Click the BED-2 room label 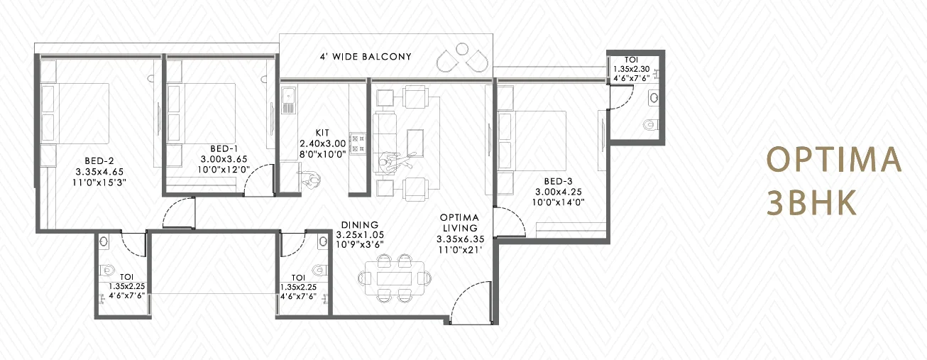point(99,161)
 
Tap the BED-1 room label point(224,148)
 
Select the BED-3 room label point(559,181)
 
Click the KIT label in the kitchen point(322,133)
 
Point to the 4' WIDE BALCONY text point(366,57)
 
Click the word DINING point(360,224)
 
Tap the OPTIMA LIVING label point(459,223)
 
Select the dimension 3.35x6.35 point(460,239)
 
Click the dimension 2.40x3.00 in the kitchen point(323,143)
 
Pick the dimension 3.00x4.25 point(559,192)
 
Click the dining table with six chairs point(395,278)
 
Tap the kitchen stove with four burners point(358,143)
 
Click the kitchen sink point(288,99)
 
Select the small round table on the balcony point(462,49)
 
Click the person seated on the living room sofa point(393,161)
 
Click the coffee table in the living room point(415,143)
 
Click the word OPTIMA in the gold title point(833,159)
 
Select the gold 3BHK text point(811,203)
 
